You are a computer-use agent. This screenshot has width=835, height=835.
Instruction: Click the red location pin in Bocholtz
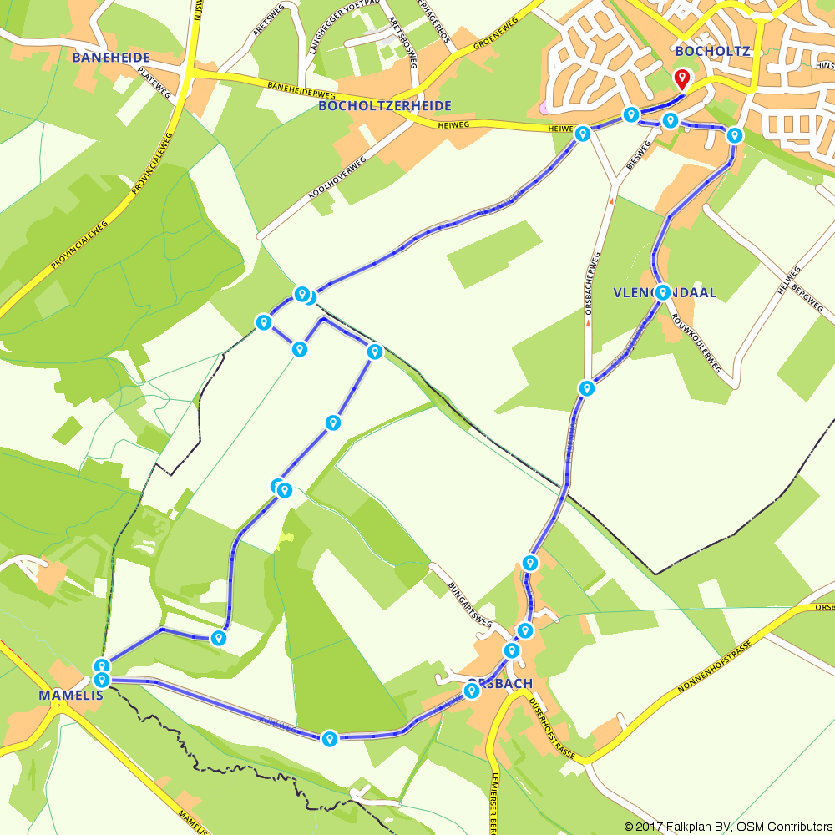point(682,79)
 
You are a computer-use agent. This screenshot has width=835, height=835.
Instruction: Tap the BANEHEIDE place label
point(111,58)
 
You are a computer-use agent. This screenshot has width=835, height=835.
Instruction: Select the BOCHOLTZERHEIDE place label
point(385,106)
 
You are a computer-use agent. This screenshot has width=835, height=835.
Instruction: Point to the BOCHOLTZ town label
point(712,51)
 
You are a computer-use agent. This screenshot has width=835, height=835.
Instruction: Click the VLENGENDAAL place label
point(665,292)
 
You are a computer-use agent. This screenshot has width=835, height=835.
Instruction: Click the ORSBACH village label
point(499,684)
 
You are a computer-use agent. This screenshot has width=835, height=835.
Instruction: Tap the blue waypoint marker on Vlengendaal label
point(662,292)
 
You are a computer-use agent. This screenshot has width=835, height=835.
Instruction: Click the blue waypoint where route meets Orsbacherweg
point(587,388)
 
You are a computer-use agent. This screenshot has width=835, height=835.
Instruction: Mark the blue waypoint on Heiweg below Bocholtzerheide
point(583,133)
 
